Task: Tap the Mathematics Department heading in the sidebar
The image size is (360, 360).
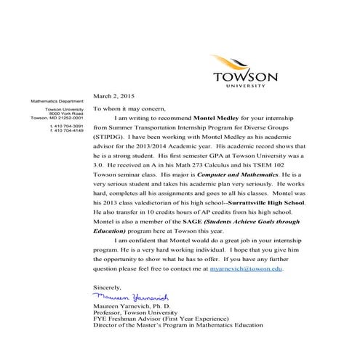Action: [57, 100]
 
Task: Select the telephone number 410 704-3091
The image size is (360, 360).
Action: [65, 126]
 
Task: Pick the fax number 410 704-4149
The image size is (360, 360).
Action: [65, 130]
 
